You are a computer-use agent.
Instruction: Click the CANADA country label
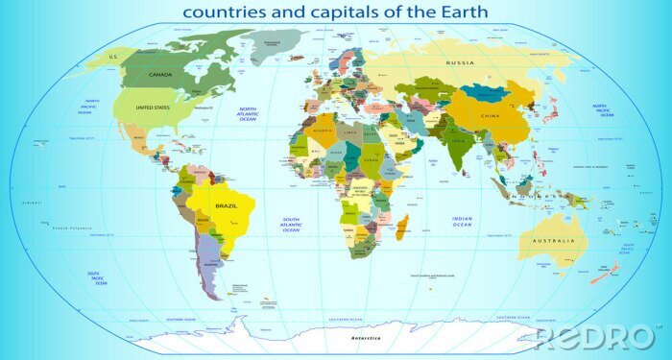click(x=160, y=75)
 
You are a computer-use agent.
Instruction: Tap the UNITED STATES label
click(x=154, y=108)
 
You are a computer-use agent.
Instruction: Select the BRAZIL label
click(x=227, y=206)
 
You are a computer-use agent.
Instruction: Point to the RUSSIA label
click(x=460, y=62)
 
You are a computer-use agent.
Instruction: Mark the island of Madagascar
click(x=402, y=228)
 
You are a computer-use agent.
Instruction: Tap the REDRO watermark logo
click(x=595, y=337)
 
